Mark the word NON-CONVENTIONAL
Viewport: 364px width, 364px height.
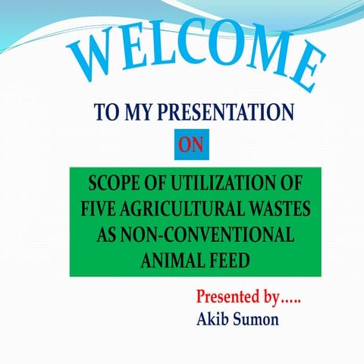pyautogui.click(x=207, y=234)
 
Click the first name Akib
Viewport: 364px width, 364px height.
pyautogui.click(x=213, y=318)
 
